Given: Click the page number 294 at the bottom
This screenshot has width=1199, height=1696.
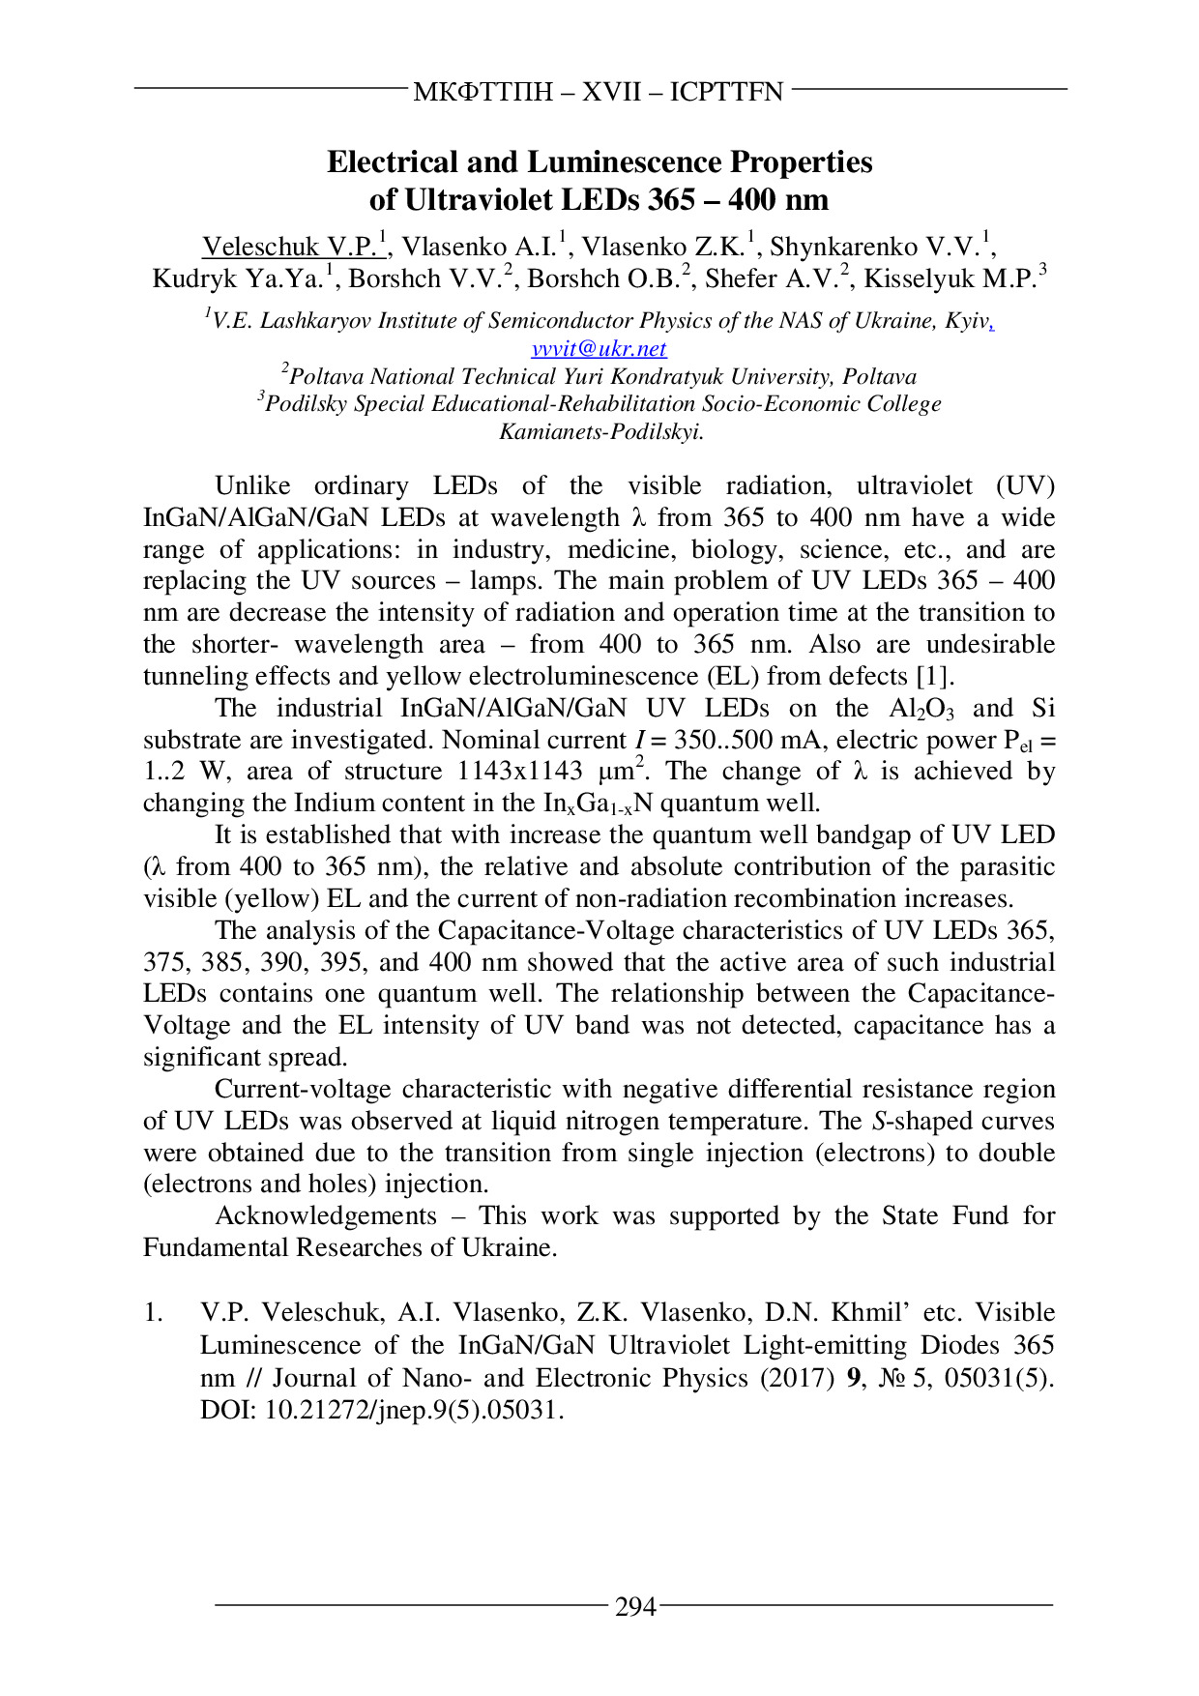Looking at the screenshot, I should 635,1607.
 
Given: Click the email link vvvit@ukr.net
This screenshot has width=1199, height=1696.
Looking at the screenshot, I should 599,349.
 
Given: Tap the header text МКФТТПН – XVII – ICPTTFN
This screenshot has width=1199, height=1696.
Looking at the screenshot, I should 599,92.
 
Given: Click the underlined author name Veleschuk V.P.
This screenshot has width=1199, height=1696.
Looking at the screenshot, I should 290,248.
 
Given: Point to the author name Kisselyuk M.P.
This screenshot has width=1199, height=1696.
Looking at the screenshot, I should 950,279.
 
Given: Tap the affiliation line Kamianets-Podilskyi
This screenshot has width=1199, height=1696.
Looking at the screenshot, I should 600,432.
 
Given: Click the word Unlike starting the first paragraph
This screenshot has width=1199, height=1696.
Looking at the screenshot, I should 252,486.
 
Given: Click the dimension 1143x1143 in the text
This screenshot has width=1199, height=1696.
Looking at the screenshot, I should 519,773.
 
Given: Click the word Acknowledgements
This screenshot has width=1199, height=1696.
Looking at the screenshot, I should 326,1216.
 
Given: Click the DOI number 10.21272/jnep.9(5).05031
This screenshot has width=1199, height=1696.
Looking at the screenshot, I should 413,1411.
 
